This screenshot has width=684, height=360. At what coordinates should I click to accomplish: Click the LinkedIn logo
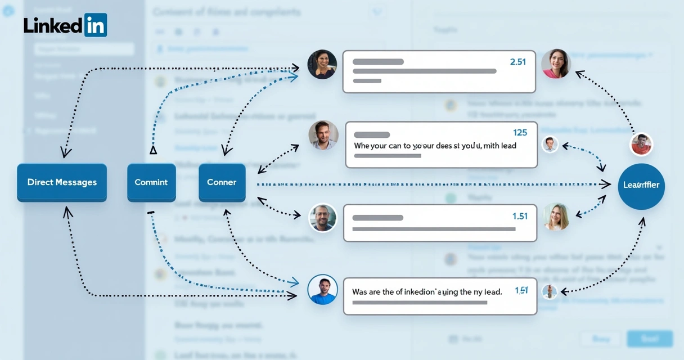(x=65, y=25)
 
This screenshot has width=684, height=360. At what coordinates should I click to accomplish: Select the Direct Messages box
(x=62, y=182)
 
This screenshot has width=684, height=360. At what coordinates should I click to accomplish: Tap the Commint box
(x=151, y=182)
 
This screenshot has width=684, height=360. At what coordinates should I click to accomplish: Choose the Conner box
(x=222, y=182)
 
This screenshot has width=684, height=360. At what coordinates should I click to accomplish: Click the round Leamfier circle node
(x=641, y=186)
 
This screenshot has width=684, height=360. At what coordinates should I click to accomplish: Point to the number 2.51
(x=517, y=62)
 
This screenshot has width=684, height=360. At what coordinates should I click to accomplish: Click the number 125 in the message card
(x=520, y=133)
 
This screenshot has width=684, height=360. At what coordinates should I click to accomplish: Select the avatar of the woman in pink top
(x=556, y=64)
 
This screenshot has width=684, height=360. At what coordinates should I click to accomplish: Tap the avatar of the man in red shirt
(x=641, y=144)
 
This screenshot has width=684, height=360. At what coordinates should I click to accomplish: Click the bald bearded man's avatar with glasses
(x=323, y=218)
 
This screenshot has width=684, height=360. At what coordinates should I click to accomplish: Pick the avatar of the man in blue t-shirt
(x=323, y=290)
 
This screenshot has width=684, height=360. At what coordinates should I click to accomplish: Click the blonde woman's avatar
(x=556, y=217)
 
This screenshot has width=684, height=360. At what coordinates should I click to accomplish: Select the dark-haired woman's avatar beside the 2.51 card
(x=322, y=64)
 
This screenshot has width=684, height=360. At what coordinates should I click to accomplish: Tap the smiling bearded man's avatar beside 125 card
(x=323, y=135)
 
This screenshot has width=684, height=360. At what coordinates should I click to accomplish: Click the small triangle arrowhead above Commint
(x=153, y=150)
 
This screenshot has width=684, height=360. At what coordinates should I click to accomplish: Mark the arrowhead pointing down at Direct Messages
(x=66, y=152)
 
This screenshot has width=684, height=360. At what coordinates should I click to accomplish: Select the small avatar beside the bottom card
(x=550, y=291)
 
